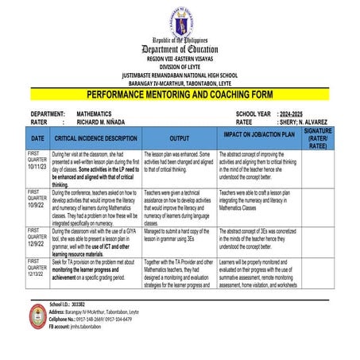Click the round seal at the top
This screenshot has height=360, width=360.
[180, 18]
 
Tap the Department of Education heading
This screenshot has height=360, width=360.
[180, 48]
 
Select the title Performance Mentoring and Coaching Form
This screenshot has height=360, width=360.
[180, 93]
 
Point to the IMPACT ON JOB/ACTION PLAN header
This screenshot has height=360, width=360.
[258, 135]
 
